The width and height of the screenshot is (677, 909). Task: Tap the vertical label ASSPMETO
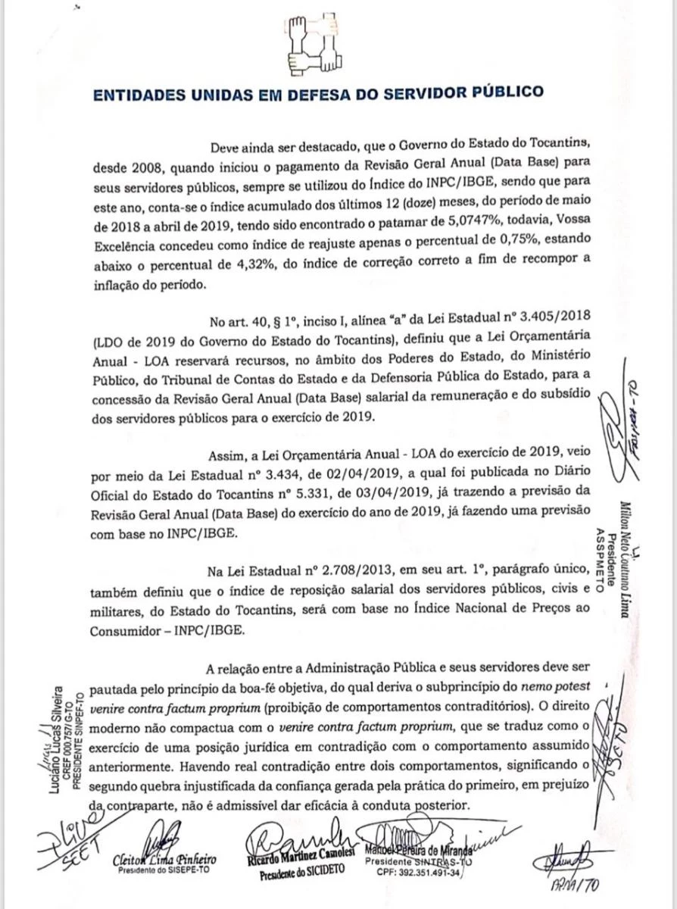[x=601, y=564]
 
